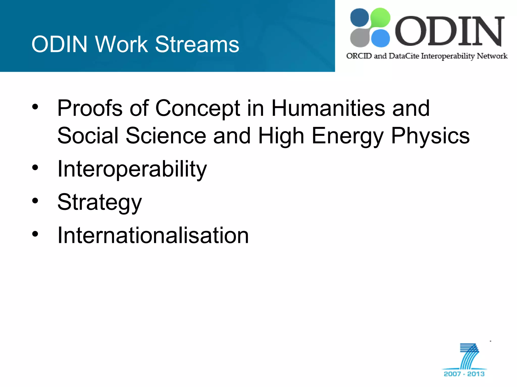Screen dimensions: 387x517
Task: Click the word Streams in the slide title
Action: [197, 44]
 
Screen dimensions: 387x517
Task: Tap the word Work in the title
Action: [121, 44]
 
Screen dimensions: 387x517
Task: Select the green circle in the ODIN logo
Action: [380, 17]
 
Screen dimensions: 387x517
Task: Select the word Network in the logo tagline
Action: [492, 56]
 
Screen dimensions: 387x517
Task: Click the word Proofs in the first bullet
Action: [90, 108]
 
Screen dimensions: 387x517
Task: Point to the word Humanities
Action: [328, 108]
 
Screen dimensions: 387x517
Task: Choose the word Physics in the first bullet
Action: [430, 136]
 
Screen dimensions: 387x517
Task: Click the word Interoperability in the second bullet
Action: [132, 169]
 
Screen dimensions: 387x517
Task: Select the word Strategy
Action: [99, 202]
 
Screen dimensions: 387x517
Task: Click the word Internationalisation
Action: [153, 235]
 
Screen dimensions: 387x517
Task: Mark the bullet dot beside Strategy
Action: [35, 201]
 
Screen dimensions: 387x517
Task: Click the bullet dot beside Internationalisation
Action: [35, 234]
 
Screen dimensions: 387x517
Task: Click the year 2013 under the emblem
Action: [476, 374]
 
